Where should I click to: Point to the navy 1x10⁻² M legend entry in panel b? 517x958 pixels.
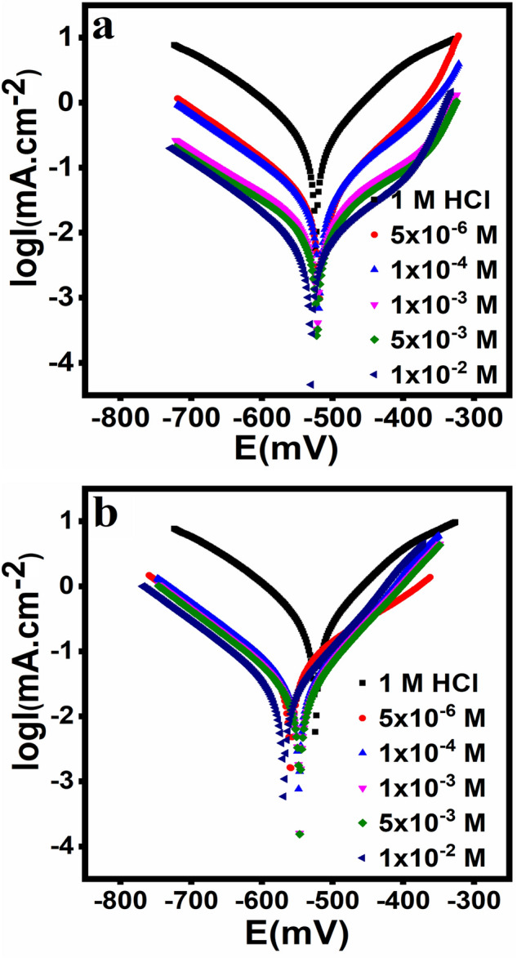pos(422,858)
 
